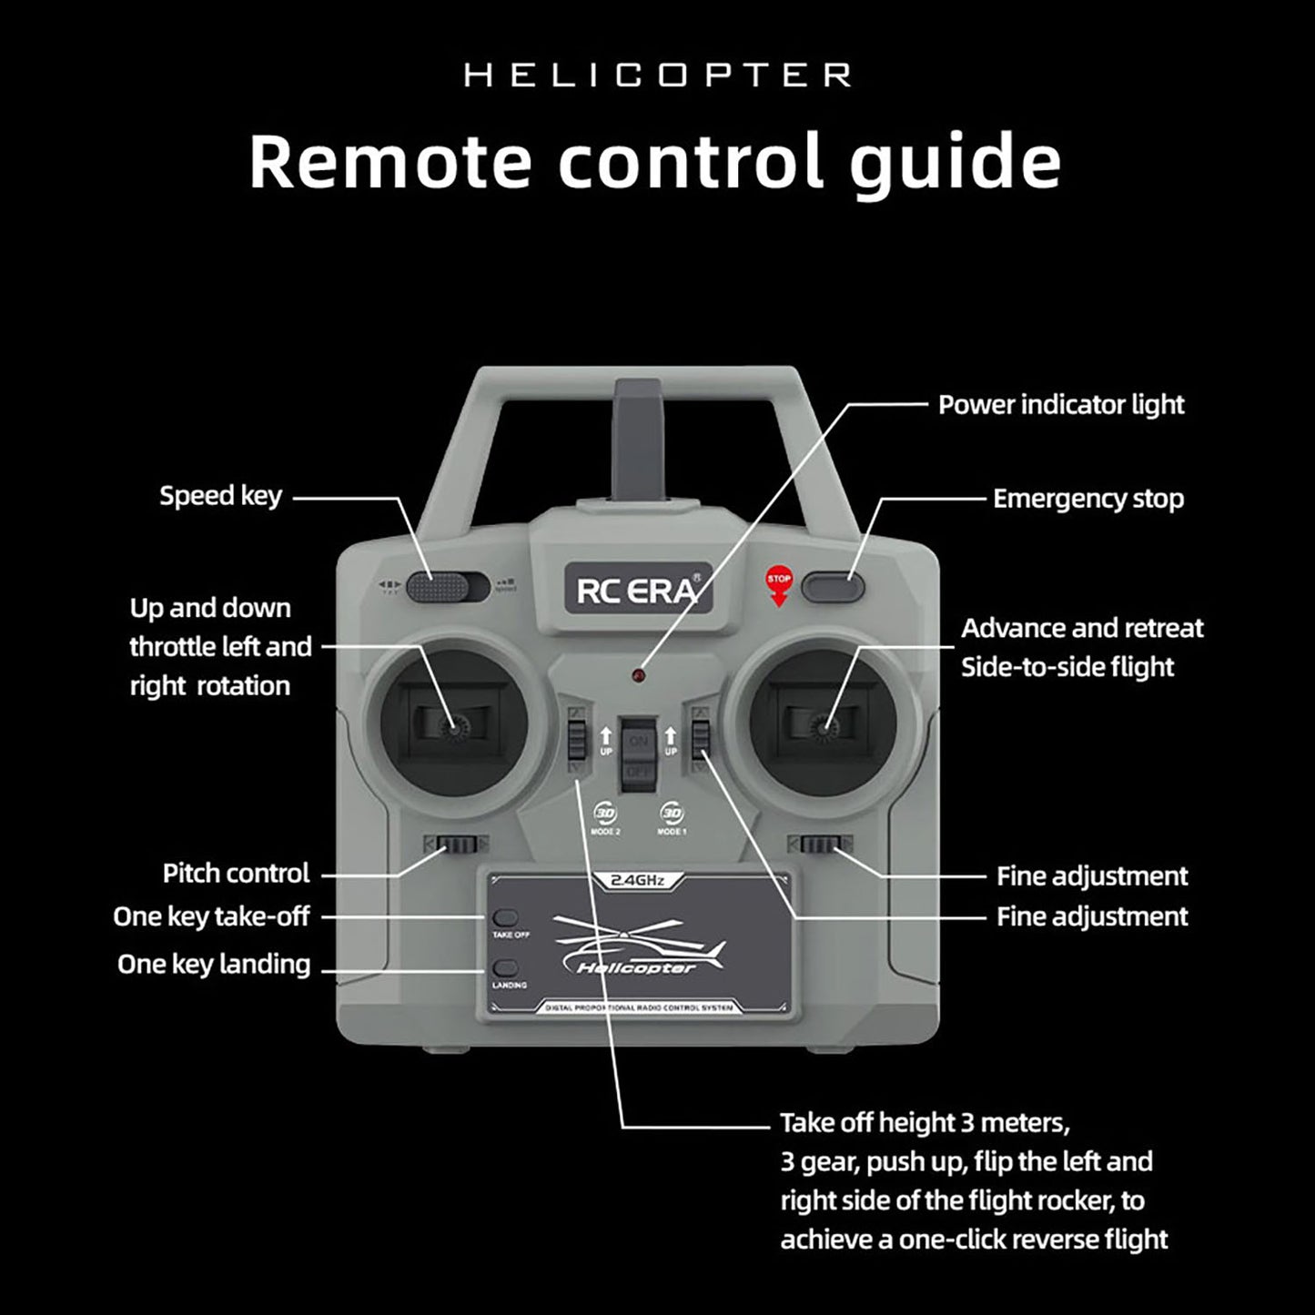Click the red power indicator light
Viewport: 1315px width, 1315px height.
[639, 676]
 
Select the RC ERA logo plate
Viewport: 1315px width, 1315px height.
[638, 591]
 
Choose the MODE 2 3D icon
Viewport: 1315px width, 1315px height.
[605, 814]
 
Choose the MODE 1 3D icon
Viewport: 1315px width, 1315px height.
[672, 814]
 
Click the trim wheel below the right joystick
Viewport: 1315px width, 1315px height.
[819, 845]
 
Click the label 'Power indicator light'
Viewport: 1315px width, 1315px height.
[1061, 405]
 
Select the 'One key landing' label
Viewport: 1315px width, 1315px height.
[214, 965]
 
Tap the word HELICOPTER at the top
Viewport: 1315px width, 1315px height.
[658, 75]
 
